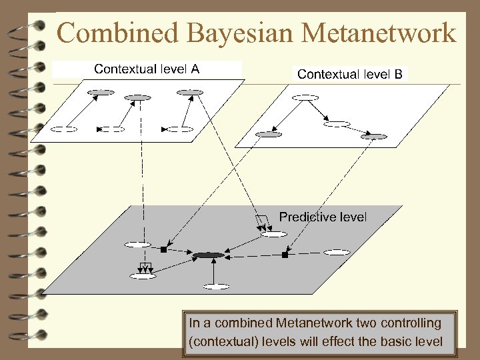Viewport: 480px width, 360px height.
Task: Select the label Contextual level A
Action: click(147, 69)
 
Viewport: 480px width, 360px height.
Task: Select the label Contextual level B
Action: click(349, 74)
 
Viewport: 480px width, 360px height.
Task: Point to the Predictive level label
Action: click(323, 217)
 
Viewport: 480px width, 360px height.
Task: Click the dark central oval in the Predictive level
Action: click(209, 255)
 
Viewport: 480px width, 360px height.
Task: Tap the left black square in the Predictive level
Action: click(163, 250)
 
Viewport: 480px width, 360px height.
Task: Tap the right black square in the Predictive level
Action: click(285, 255)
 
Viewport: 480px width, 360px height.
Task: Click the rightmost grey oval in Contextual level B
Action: click(373, 137)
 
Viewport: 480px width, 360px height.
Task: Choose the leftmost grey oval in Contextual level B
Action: click(269, 134)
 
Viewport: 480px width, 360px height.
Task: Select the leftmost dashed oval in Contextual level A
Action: click(64, 128)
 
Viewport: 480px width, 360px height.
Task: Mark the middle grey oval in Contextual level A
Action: click(138, 98)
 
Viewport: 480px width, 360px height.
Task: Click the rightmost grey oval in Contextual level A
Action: click(189, 92)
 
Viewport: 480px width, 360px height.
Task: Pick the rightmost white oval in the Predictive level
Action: click(337, 252)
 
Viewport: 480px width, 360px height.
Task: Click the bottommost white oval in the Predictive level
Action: click(216, 287)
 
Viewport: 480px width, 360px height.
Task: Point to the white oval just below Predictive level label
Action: click(273, 234)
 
